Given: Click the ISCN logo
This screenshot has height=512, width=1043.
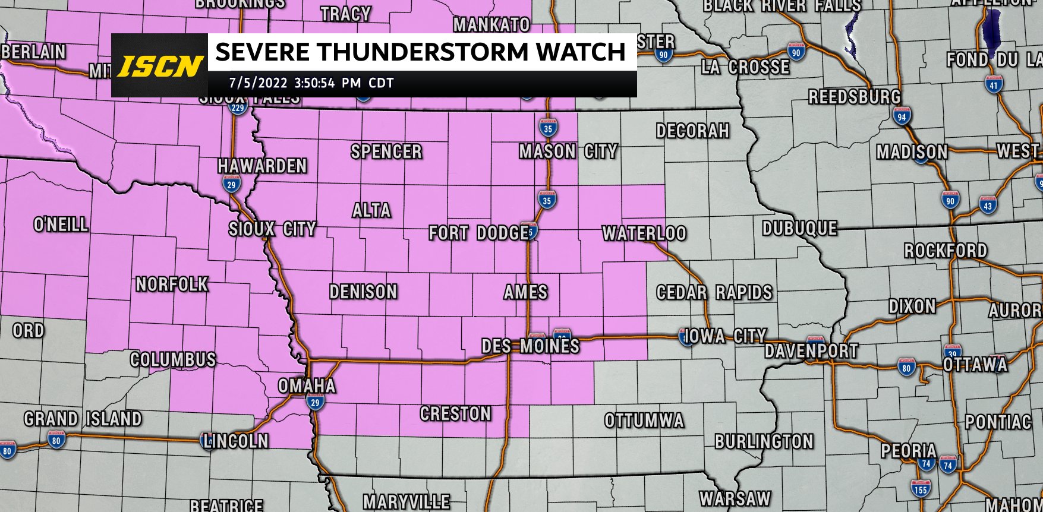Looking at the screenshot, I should pyautogui.click(x=159, y=66).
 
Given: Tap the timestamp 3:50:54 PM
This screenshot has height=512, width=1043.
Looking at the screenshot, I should pyautogui.click(x=327, y=83).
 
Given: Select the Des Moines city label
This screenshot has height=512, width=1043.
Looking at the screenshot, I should pyautogui.click(x=530, y=346).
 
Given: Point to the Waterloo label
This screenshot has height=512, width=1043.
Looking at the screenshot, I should pyautogui.click(x=644, y=233).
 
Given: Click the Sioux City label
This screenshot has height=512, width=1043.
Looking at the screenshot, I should pyautogui.click(x=272, y=229).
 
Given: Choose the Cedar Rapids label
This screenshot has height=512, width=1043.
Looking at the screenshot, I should pyautogui.click(x=714, y=292).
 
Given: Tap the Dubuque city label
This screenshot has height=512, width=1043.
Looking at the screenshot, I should pyautogui.click(x=800, y=228).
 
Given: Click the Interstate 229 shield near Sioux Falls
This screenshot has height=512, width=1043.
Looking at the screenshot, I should pyautogui.click(x=238, y=108).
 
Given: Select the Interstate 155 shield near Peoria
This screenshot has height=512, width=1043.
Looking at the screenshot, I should pyautogui.click(x=921, y=489).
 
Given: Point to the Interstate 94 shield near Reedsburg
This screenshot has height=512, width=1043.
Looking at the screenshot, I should pyautogui.click(x=902, y=116).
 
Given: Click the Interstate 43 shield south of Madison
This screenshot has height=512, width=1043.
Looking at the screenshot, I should pyautogui.click(x=988, y=206).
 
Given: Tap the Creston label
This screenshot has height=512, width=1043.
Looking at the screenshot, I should pyautogui.click(x=455, y=413).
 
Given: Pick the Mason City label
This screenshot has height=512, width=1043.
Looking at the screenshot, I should pyautogui.click(x=568, y=152).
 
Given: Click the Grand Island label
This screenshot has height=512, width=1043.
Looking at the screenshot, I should pyautogui.click(x=83, y=419).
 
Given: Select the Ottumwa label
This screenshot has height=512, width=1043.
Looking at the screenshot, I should pyautogui.click(x=644, y=421).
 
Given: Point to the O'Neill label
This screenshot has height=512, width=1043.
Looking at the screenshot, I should pyautogui.click(x=61, y=225).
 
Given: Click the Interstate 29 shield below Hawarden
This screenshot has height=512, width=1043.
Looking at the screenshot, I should pyautogui.click(x=232, y=185).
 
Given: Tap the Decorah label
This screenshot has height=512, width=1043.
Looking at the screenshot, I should pyautogui.click(x=692, y=131).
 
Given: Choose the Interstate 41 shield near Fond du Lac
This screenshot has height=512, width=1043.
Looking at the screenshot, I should pyautogui.click(x=994, y=85).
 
